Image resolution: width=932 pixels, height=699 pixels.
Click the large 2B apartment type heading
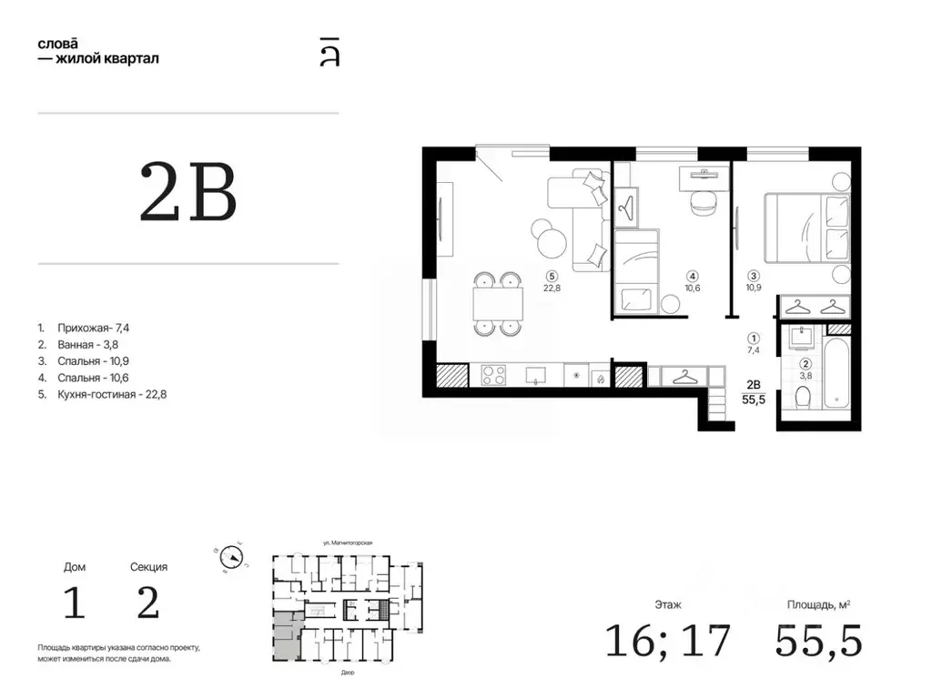tap(187, 191)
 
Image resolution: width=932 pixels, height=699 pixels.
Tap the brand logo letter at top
tap(329, 52)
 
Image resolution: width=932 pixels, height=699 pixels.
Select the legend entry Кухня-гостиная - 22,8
tap(102, 394)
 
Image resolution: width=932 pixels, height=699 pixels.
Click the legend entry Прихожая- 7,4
tap(83, 328)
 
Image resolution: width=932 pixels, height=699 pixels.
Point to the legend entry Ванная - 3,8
tap(78, 344)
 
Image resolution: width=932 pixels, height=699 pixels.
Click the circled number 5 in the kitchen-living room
tap(552, 277)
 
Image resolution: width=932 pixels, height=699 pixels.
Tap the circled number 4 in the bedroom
tap(693, 277)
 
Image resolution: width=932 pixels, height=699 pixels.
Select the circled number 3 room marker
tap(754, 276)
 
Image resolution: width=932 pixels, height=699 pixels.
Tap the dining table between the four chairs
tap(498, 304)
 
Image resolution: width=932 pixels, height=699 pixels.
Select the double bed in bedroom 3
tap(807, 228)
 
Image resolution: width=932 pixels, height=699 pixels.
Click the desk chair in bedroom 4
tap(704, 202)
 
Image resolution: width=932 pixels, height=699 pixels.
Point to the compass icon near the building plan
tap(231, 558)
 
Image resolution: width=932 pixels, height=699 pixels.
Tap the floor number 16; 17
tap(667, 640)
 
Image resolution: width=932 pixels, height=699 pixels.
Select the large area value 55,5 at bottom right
tap(818, 641)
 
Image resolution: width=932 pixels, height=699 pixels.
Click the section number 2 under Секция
tap(148, 603)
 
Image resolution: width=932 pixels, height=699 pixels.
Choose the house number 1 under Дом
tap(75, 603)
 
